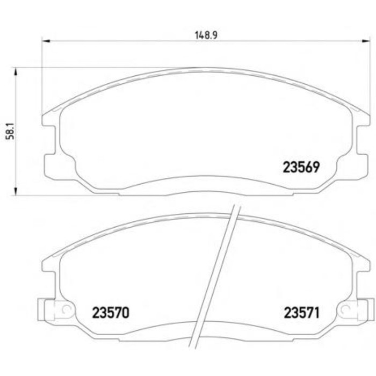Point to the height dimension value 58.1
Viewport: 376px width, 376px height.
(9, 131)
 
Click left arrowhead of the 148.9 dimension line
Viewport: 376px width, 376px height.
(45, 40)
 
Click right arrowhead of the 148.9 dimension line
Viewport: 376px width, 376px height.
(367, 40)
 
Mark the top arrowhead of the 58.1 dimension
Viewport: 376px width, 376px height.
(16, 71)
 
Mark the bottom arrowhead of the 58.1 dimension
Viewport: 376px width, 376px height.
(16, 192)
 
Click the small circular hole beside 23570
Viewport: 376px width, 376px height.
(66, 309)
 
